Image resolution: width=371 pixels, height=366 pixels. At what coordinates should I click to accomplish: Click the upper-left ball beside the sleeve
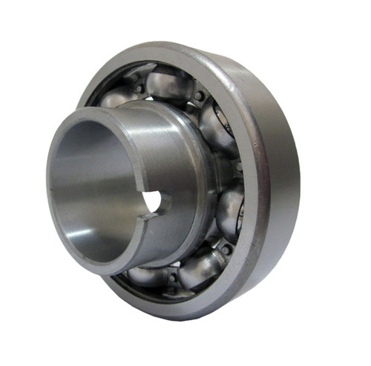(119, 96)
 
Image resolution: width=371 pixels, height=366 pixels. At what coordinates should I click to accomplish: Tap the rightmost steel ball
(229, 207)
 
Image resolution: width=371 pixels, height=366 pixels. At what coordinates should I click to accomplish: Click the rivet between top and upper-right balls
(199, 97)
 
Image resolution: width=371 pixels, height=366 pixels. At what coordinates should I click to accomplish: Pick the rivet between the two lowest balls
(174, 277)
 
